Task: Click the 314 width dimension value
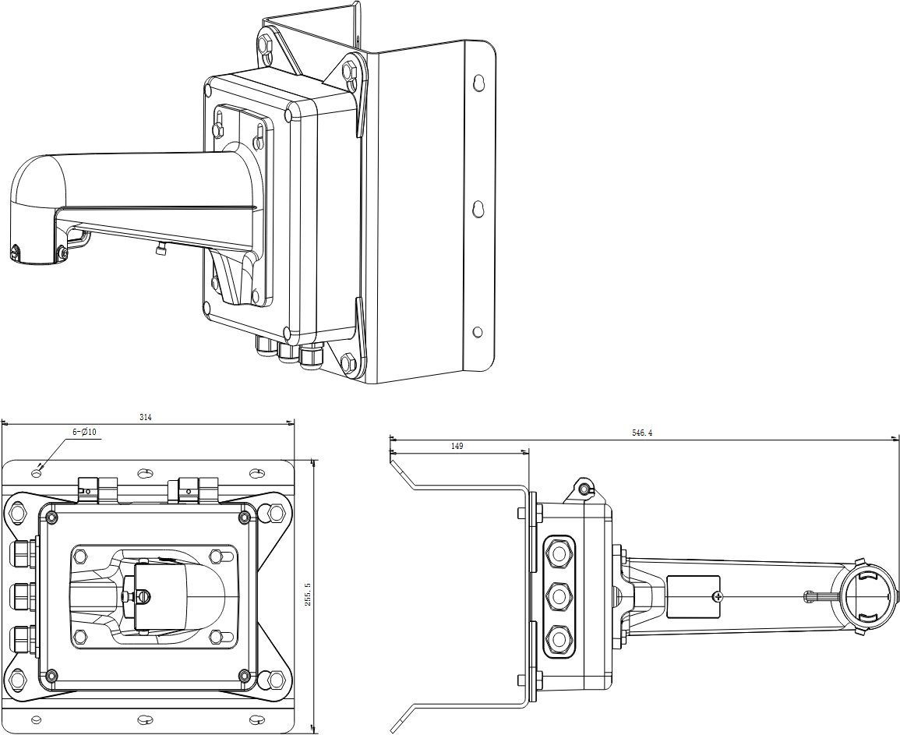[x=146, y=418]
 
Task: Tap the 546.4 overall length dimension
[x=642, y=433]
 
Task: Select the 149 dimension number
[x=457, y=446]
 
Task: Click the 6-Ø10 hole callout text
[x=84, y=432]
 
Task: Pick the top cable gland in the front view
[x=21, y=551]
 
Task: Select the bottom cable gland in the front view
[x=21, y=638]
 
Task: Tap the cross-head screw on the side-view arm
[x=717, y=597]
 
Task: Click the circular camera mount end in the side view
[x=867, y=597]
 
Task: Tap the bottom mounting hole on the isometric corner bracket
[x=478, y=332]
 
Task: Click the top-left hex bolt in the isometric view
[x=266, y=45]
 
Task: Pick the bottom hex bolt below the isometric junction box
[x=348, y=362]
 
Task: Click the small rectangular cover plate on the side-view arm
[x=694, y=596]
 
